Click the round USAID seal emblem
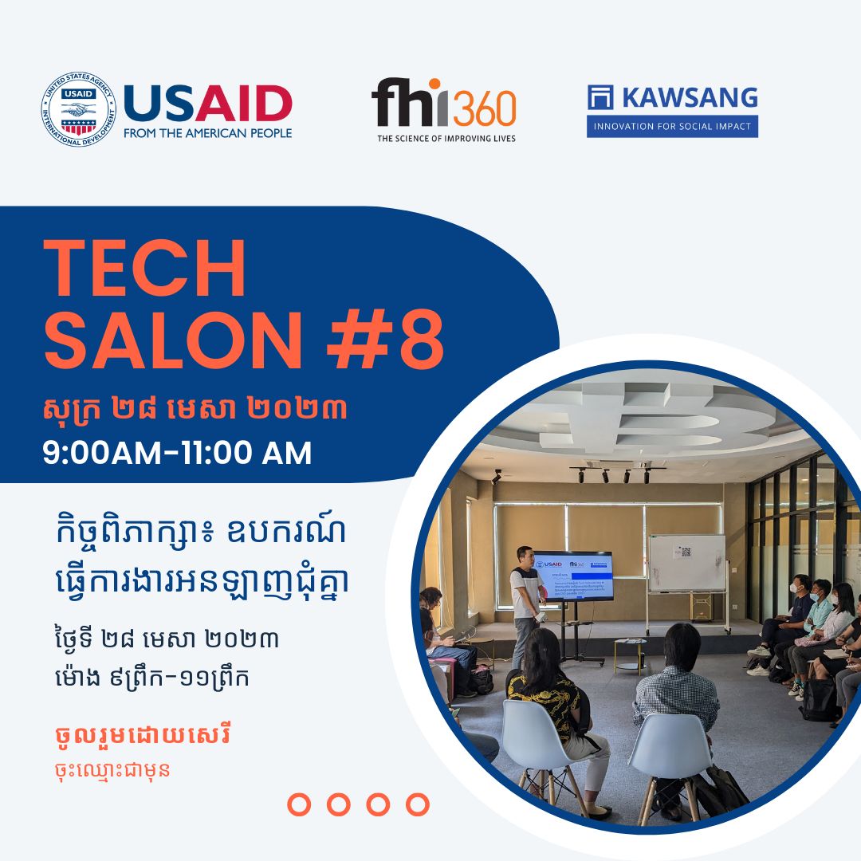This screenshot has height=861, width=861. tap(78, 108)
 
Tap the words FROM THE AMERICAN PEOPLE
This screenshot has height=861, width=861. tap(208, 133)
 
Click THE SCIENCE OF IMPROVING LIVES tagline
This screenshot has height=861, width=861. tap(446, 138)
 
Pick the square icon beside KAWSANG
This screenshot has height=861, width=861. tap(601, 96)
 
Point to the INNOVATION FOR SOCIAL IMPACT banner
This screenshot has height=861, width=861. tap(672, 126)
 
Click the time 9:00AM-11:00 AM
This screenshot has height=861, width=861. tap(177, 454)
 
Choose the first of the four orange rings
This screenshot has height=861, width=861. tap(299, 804)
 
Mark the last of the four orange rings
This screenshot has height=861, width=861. tap(417, 804)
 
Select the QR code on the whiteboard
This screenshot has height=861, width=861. tap(685, 552)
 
